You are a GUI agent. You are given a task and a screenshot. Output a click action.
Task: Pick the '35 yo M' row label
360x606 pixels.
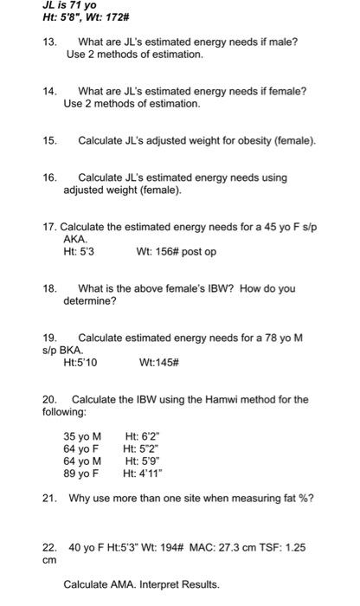coord(83,436)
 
